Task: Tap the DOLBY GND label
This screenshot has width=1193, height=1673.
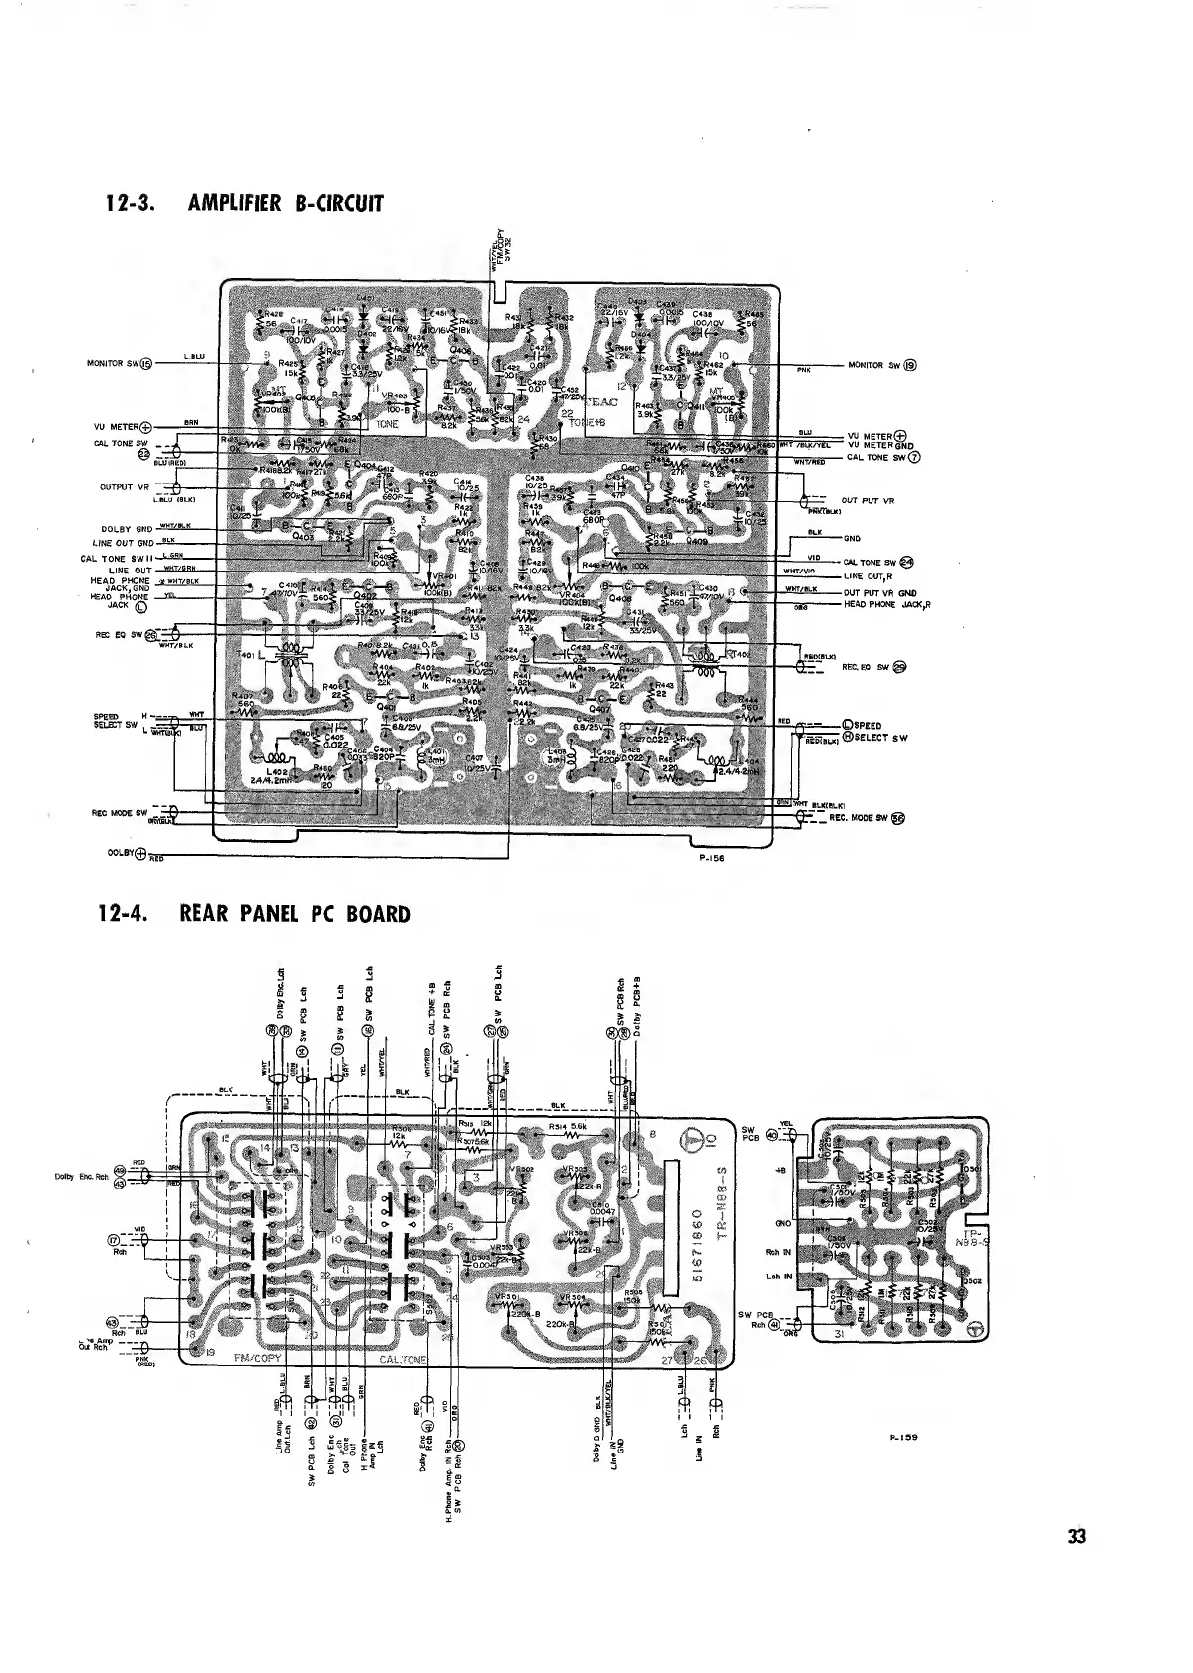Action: pyautogui.click(x=125, y=529)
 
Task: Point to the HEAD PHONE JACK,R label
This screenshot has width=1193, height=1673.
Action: pyautogui.click(x=887, y=605)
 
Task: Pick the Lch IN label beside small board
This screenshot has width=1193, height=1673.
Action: pyautogui.click(x=779, y=1276)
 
